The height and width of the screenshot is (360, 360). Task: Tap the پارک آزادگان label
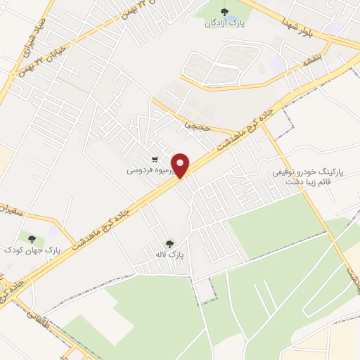224,23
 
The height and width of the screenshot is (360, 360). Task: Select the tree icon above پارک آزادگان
224,11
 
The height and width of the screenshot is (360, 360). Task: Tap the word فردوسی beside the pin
139,170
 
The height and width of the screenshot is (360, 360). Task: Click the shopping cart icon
155,160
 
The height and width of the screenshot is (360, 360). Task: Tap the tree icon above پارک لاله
167,244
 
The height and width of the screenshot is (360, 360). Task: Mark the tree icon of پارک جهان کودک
30,237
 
